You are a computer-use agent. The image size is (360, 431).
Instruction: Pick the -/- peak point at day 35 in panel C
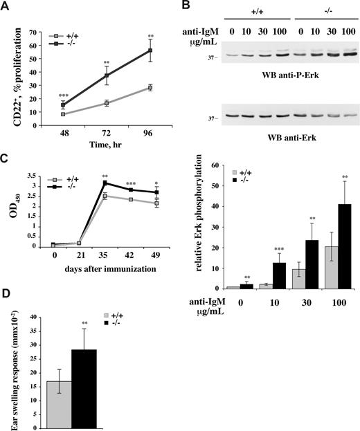(104, 183)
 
